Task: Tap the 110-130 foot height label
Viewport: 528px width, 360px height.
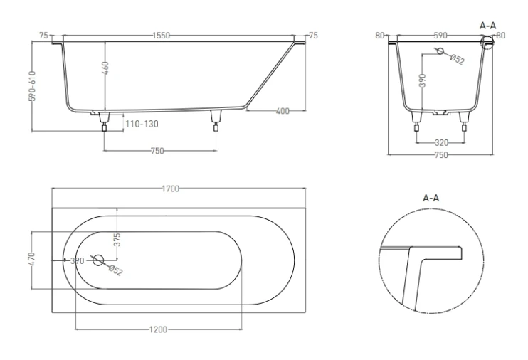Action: point(141,124)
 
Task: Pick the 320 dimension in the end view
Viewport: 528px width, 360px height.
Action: point(440,142)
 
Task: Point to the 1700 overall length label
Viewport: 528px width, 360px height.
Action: point(170,189)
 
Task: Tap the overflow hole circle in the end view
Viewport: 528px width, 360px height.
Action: point(440,52)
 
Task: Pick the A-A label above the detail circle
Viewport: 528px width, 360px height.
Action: point(431,198)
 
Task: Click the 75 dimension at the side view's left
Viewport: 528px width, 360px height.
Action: point(43,35)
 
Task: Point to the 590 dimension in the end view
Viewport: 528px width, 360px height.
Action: point(441,35)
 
